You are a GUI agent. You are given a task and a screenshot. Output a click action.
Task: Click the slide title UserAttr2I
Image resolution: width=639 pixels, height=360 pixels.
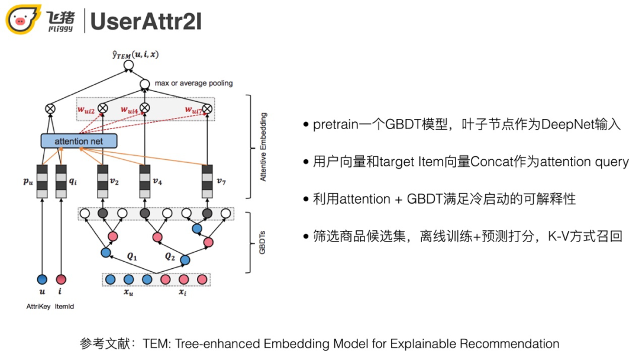[x=146, y=21]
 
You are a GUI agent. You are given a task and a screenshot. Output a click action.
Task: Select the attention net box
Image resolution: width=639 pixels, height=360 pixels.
[x=79, y=141]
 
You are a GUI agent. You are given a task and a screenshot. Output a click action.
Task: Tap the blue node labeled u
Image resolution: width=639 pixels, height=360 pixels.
[x=41, y=279]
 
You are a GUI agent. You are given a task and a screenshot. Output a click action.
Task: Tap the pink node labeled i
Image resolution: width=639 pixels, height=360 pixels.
[x=60, y=279]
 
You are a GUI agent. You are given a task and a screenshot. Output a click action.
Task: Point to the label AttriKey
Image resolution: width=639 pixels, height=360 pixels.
[x=38, y=306]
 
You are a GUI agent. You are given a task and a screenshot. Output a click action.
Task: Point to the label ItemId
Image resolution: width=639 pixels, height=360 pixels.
[x=64, y=306]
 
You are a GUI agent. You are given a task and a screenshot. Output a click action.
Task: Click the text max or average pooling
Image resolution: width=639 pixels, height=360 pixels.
[x=193, y=83]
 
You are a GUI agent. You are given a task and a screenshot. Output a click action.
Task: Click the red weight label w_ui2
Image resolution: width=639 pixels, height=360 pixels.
[x=86, y=109]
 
